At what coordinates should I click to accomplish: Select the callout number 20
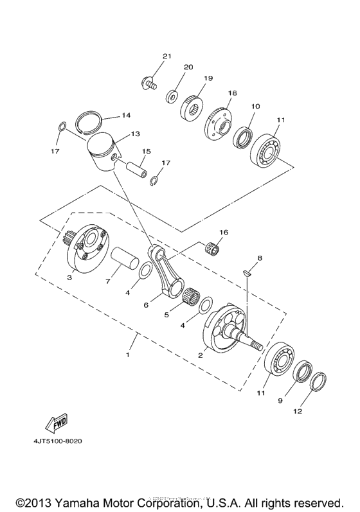click(x=188, y=67)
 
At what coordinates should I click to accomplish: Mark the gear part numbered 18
click(x=219, y=118)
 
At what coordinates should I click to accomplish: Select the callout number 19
click(x=208, y=78)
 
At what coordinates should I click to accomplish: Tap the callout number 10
click(x=255, y=106)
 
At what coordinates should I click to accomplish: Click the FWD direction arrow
click(x=55, y=423)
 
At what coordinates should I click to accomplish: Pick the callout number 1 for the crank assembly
click(x=127, y=355)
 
